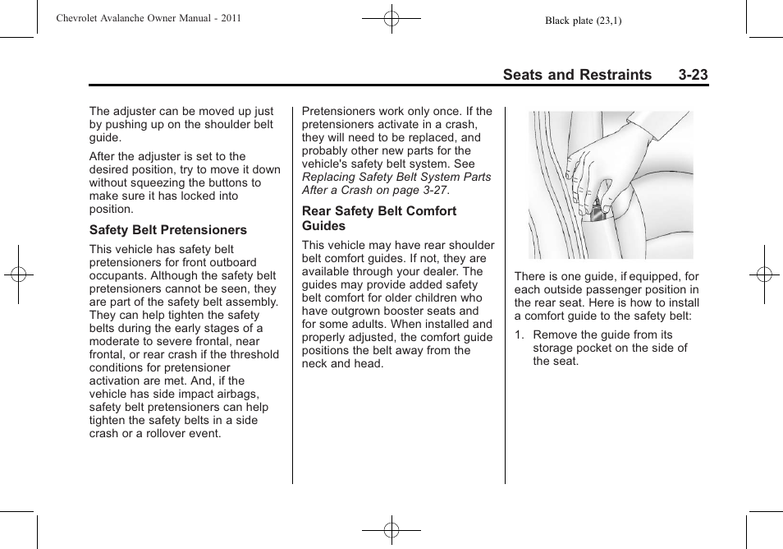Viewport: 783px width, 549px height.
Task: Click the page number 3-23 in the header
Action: [x=693, y=75]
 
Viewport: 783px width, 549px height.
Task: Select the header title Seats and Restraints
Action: [x=577, y=75]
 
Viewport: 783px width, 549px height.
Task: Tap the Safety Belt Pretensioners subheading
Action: [x=167, y=230]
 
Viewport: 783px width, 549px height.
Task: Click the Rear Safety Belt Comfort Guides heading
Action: [x=378, y=218]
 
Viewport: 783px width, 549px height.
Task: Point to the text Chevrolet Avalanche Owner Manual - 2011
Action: [x=149, y=17]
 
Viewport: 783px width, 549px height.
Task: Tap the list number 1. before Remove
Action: [x=519, y=334]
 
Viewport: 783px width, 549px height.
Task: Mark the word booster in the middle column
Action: [x=390, y=311]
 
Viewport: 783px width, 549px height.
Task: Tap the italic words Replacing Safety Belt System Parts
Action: [x=396, y=177]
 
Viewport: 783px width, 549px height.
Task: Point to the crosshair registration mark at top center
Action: [x=391, y=17]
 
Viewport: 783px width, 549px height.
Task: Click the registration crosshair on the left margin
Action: [x=18, y=274]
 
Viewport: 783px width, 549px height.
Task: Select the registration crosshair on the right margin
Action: [x=764, y=274]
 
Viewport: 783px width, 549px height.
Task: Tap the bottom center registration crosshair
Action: [x=391, y=531]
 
